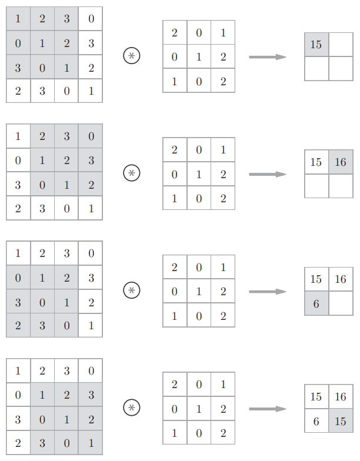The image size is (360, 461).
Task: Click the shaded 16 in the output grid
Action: pos(341,162)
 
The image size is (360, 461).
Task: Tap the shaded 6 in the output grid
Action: pos(316,303)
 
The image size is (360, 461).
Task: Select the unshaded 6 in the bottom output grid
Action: pos(316,421)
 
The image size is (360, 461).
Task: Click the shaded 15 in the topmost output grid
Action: pos(316,45)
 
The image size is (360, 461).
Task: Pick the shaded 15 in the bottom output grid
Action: pos(341,421)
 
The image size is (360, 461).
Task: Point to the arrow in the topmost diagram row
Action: pos(268,57)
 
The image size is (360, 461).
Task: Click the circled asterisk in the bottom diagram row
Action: pos(132,408)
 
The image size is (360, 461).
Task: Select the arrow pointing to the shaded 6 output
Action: pos(268,292)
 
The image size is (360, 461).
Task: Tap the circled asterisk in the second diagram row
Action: pos(132,173)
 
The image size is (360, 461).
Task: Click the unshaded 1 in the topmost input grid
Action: pos(91,91)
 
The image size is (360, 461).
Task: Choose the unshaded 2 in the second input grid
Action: pos(18,208)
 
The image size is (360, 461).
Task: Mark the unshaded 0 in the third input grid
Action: pos(91,253)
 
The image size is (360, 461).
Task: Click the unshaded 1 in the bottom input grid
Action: pos(18,370)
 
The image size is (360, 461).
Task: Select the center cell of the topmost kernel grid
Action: pos(199,56)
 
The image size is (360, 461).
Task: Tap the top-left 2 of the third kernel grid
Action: pos(174,267)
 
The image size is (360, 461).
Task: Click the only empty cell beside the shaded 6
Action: pos(341,303)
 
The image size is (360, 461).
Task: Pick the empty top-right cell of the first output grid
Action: pos(341,45)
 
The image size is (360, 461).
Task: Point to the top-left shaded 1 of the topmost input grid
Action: pos(18,19)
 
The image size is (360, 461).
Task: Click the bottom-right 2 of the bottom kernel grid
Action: pos(224,433)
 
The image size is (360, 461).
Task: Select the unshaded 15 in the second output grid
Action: pos(316,162)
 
